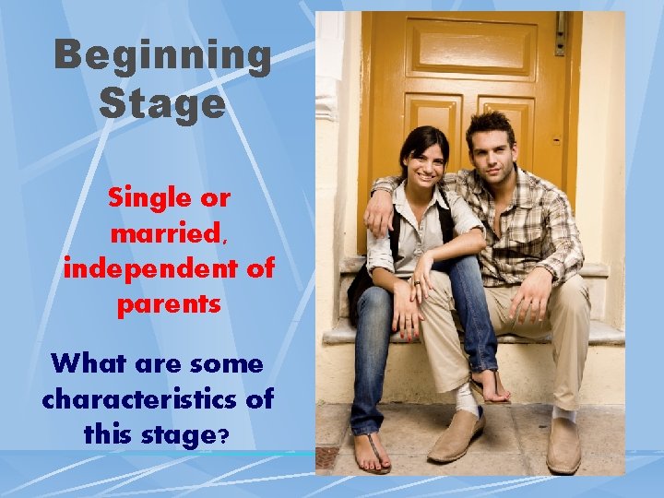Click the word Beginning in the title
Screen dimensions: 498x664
tap(163, 56)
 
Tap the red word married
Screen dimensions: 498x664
tap(167, 233)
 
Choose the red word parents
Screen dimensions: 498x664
tap(169, 304)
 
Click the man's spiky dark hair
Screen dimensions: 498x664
tap(491, 122)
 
